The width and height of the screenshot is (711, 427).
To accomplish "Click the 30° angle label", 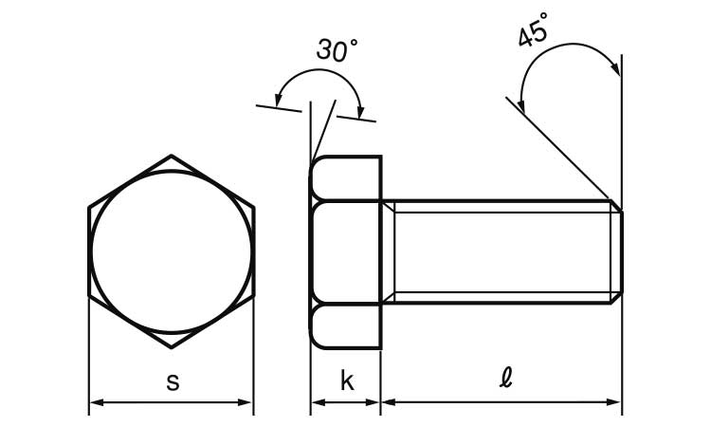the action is [x=337, y=49].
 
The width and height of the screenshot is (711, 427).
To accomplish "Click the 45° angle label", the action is [x=533, y=30].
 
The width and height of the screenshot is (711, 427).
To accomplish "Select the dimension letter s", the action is [x=173, y=382].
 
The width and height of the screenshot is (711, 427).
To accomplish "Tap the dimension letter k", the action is [x=347, y=381].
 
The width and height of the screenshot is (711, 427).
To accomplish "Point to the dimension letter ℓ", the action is [x=505, y=378].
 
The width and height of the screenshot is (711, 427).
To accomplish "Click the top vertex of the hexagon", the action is [x=171, y=156].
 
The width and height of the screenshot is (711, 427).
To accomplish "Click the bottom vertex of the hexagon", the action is [x=171, y=347].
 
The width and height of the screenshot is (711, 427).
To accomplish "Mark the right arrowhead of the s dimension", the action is [x=245, y=402].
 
